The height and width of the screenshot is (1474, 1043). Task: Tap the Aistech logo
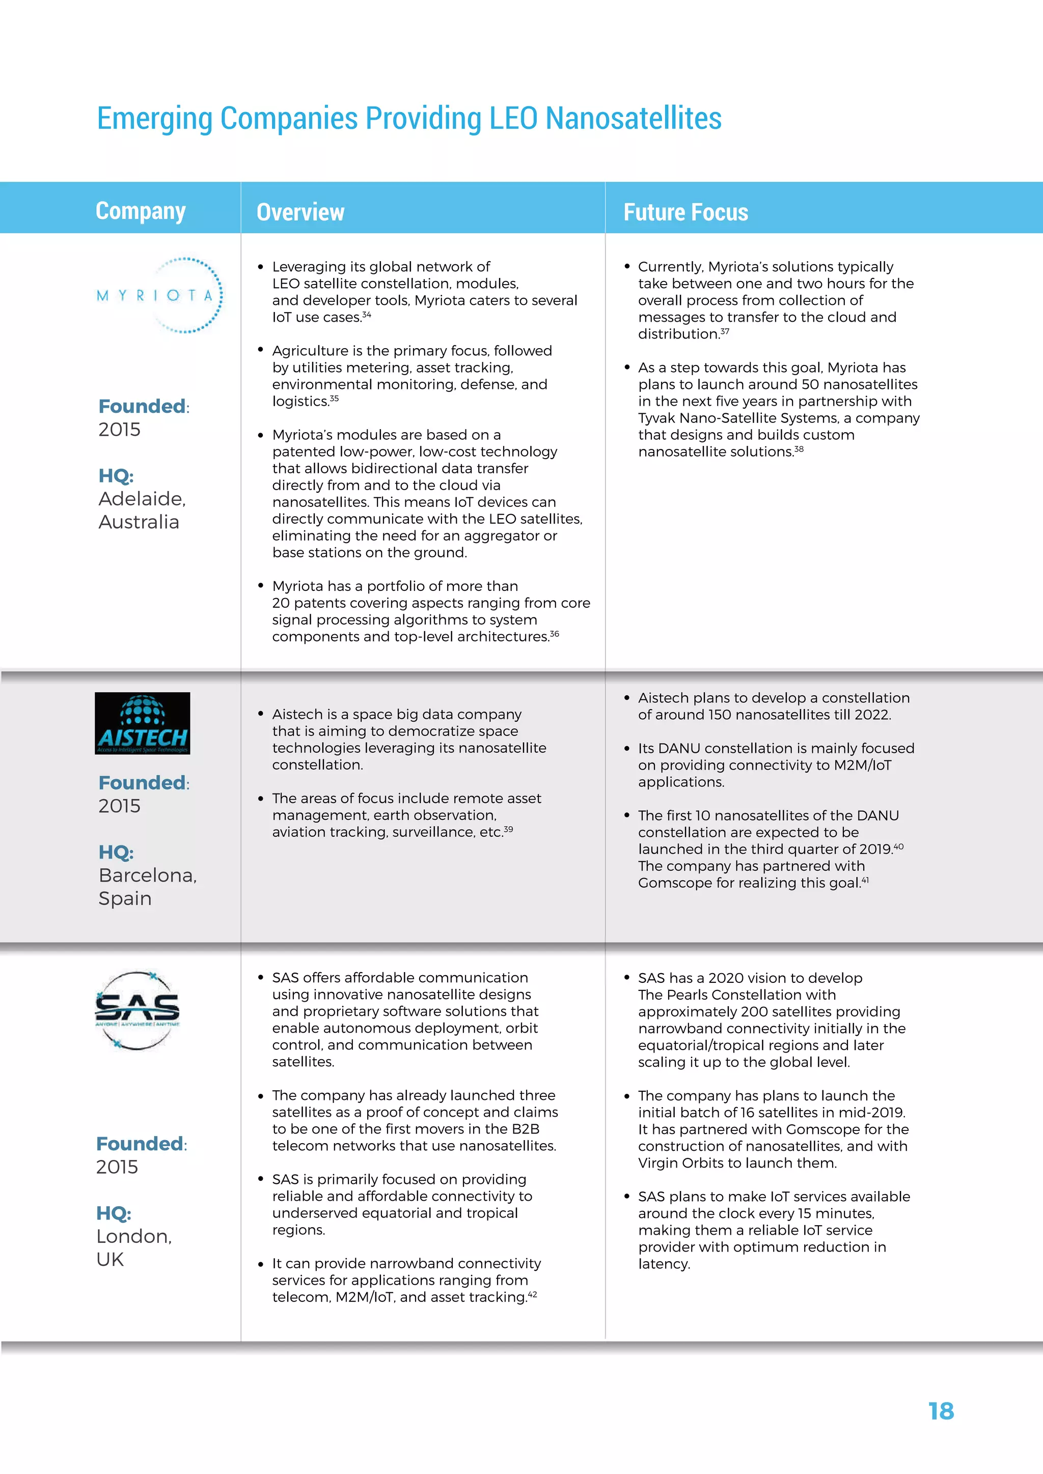click(143, 724)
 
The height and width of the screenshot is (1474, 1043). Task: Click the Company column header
click(141, 211)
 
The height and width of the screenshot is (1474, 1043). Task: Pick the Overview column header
click(300, 212)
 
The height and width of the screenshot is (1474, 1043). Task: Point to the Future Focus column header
click(685, 212)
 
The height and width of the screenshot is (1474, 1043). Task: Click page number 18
click(941, 1410)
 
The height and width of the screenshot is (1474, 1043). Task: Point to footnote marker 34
click(367, 315)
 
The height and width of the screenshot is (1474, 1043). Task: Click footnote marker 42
click(532, 1294)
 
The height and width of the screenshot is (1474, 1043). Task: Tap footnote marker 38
click(799, 449)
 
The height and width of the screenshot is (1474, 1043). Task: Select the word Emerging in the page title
click(154, 118)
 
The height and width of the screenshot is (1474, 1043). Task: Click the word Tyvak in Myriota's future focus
click(656, 418)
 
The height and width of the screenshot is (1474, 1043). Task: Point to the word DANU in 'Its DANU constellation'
click(679, 749)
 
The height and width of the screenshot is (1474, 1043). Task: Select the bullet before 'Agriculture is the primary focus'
click(260, 350)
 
